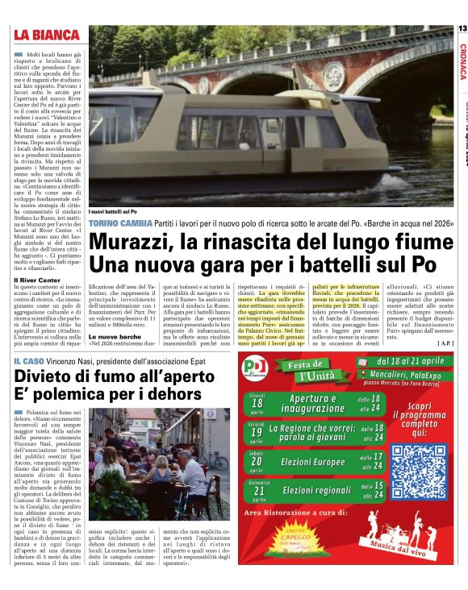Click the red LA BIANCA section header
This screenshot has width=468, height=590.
coord(46,35)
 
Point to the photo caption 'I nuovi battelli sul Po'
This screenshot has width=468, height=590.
coord(116,210)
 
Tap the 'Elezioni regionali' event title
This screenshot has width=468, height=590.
coord(316,490)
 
